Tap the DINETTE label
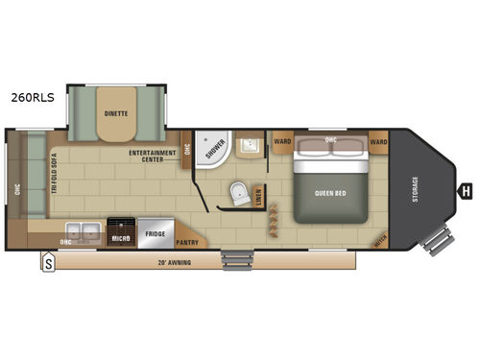[x=118, y=112]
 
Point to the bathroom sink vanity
[x=250, y=146]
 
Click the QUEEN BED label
[x=329, y=191]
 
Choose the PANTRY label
[x=188, y=242]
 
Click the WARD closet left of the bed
[x=282, y=142]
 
